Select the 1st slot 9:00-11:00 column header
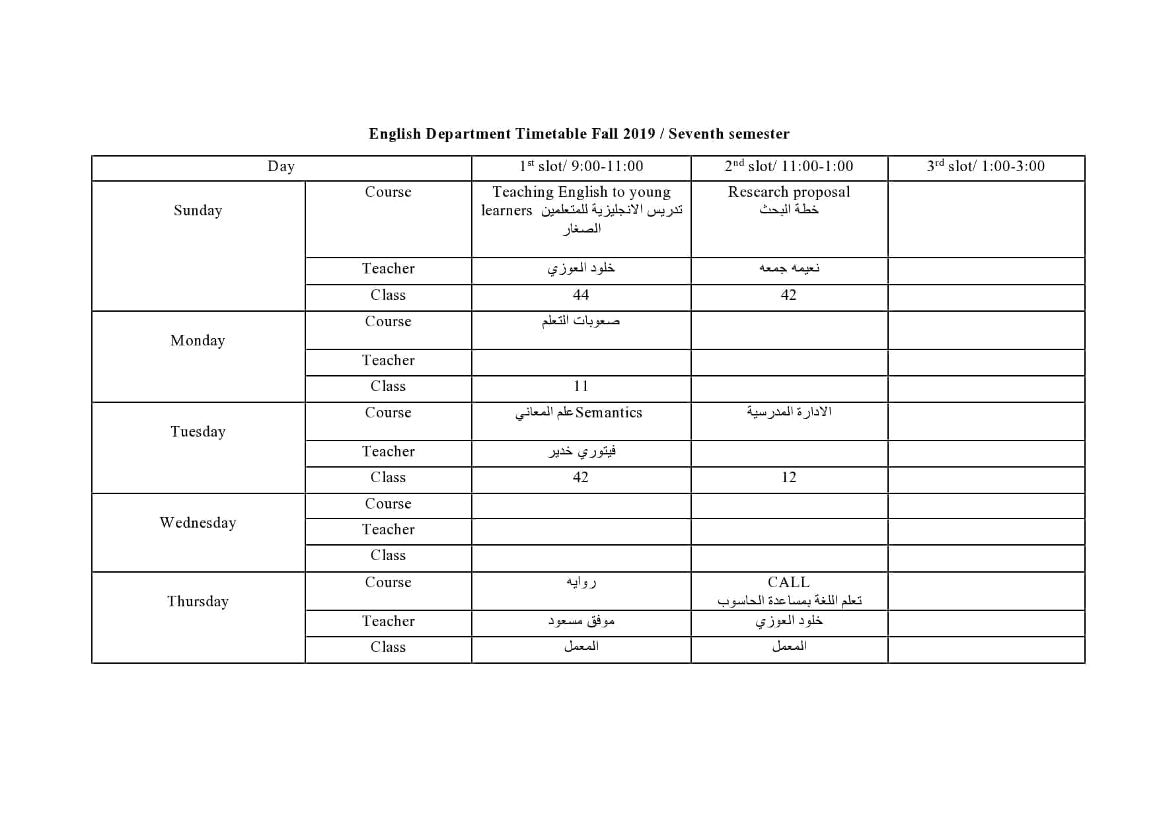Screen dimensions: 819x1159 click(581, 166)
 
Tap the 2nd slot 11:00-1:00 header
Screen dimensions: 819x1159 click(789, 166)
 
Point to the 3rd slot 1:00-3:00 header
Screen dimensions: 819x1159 click(986, 166)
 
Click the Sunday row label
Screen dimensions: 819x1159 click(198, 211)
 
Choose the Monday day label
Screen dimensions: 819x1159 click(198, 341)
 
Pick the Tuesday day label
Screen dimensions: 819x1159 click(198, 432)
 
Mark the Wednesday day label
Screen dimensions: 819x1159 click(198, 523)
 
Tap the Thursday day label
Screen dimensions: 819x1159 click(198, 602)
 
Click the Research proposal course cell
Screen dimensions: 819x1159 click(789, 192)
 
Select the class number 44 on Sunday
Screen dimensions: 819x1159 click(581, 295)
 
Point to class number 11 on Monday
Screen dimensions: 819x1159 click(581, 386)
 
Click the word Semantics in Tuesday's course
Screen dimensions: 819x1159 click(609, 413)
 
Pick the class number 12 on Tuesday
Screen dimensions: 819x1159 click(789, 478)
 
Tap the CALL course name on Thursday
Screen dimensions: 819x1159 click(788, 583)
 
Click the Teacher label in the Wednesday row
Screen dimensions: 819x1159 click(388, 530)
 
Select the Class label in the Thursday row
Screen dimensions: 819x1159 click(388, 647)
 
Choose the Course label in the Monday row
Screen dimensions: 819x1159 click(388, 322)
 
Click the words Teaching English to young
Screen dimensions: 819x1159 click(581, 192)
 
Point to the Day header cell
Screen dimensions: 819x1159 click(281, 166)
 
